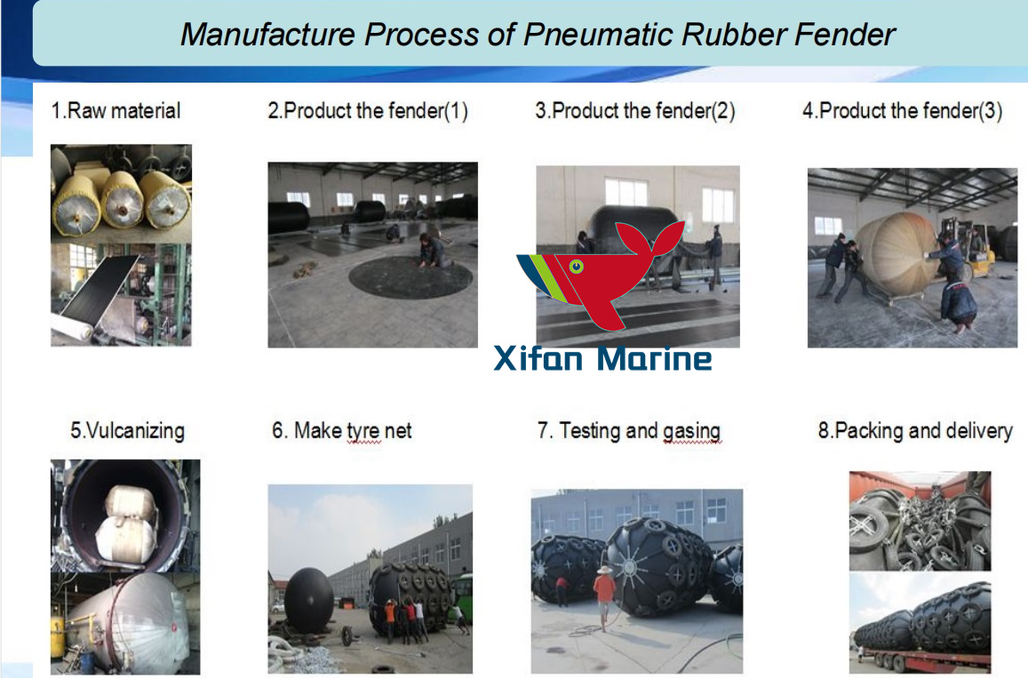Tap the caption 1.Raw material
pyautogui.click(x=116, y=111)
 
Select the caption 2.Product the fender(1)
pyautogui.click(x=368, y=111)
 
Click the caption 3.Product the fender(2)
pyautogui.click(x=634, y=111)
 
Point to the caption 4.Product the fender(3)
pyautogui.click(x=902, y=111)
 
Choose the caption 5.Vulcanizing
pyautogui.click(x=127, y=431)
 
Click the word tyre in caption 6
pyautogui.click(x=363, y=431)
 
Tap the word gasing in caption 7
pyautogui.click(x=691, y=431)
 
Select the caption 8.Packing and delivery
pyautogui.click(x=914, y=431)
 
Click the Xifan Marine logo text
pyautogui.click(x=602, y=358)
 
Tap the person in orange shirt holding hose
pyautogui.click(x=604, y=591)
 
